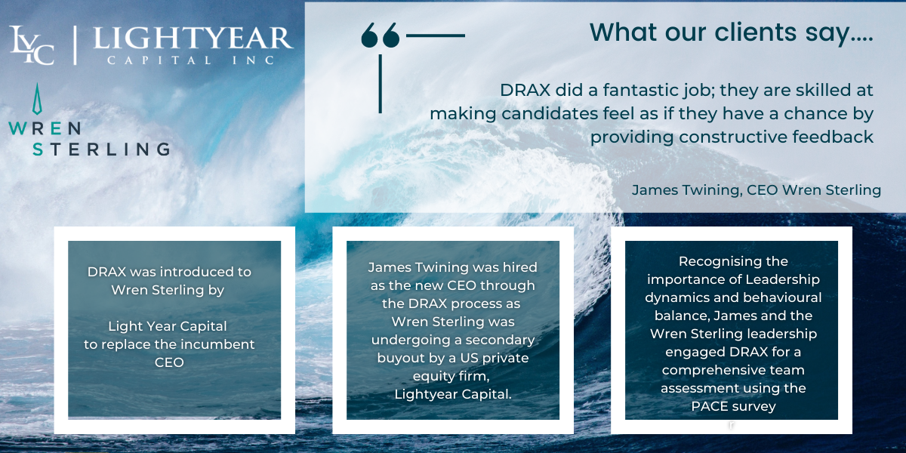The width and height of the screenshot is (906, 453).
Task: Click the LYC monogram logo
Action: tap(32, 45)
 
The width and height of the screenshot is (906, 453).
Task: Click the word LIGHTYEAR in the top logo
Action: tap(193, 39)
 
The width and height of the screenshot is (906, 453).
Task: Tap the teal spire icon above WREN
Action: tap(37, 99)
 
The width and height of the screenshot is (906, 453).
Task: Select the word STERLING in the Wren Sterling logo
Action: tap(101, 149)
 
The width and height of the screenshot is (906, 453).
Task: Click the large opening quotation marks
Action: tap(381, 35)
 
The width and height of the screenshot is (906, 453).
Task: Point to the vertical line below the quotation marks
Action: tap(381, 84)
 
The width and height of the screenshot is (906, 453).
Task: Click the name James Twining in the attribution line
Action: tap(687, 190)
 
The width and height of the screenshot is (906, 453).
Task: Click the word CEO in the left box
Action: tap(169, 362)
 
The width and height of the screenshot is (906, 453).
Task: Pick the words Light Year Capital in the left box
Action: tap(168, 326)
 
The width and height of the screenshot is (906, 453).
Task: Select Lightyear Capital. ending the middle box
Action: tap(453, 394)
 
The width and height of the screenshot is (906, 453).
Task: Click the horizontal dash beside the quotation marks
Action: tap(436, 35)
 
